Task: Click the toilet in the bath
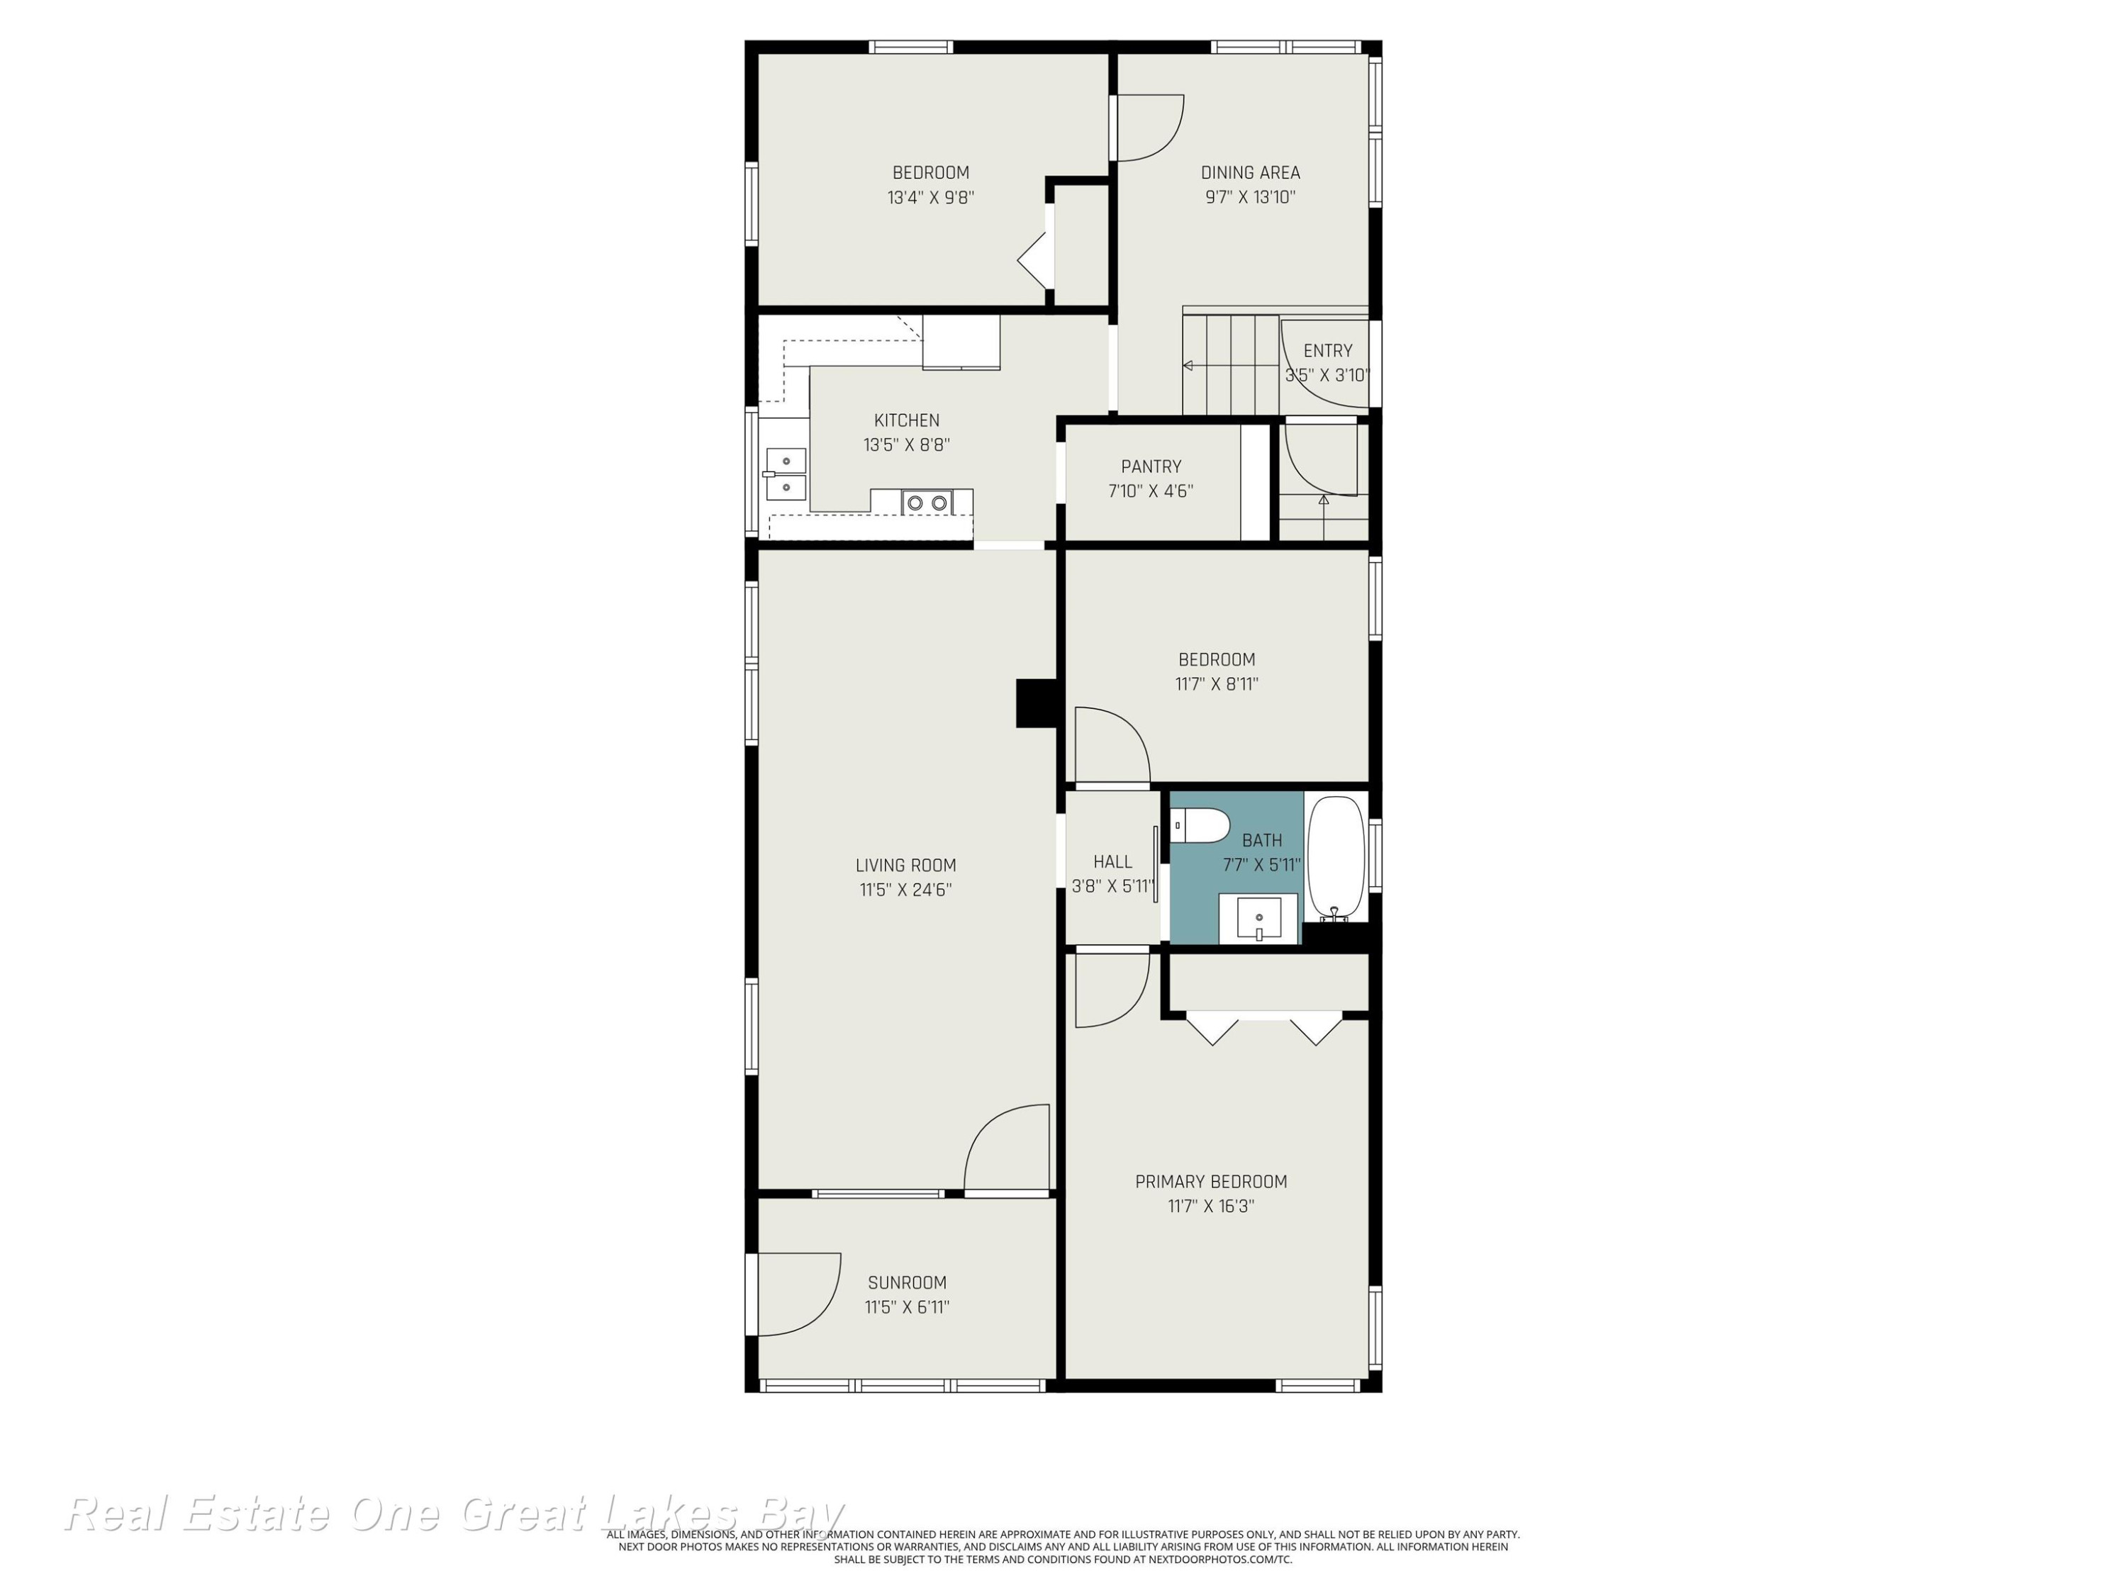tap(1200, 825)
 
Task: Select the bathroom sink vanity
tap(1258, 918)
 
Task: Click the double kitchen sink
tap(786, 474)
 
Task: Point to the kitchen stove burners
tap(927, 502)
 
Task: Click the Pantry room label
tap(1151, 467)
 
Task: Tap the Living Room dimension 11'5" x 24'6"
tap(906, 890)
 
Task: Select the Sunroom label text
tap(907, 1282)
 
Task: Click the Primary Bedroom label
tap(1211, 1182)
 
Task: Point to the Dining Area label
tap(1250, 173)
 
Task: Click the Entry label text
tap(1328, 351)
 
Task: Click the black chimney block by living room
tap(1037, 703)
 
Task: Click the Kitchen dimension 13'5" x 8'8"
tap(907, 445)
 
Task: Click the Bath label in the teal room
tap(1261, 840)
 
